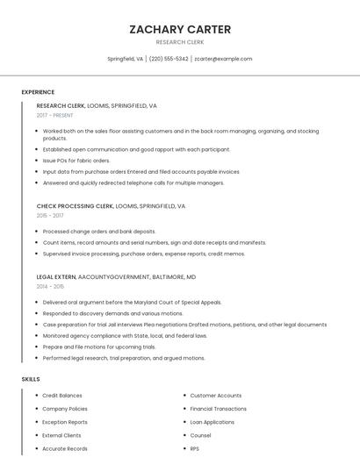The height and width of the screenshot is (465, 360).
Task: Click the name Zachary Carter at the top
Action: click(180, 29)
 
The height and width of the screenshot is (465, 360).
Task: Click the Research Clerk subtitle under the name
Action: click(180, 42)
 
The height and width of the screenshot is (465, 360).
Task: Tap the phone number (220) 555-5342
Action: click(169, 59)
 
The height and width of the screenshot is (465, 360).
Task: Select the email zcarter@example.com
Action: click(223, 59)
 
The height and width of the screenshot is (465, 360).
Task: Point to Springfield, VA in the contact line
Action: click(126, 59)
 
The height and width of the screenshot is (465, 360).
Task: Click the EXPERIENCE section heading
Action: click(38, 92)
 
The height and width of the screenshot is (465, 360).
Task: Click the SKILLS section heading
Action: click(31, 379)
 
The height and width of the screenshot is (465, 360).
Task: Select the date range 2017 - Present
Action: click(55, 115)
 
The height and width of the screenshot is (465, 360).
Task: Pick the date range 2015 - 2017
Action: click(50, 215)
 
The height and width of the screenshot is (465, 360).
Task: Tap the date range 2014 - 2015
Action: click(50, 286)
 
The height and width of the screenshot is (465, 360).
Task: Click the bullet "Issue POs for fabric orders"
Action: click(76, 161)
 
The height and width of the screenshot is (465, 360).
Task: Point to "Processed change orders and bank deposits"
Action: click(99, 232)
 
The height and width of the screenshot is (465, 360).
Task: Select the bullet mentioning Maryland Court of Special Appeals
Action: click(132, 302)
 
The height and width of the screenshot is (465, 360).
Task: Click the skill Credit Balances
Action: click(62, 396)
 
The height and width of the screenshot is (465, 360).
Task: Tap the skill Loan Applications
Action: click(212, 422)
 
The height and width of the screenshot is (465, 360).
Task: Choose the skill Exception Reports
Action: click(65, 422)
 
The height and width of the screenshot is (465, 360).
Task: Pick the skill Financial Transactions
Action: click(219, 409)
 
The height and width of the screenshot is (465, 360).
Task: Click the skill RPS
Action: click(195, 448)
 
